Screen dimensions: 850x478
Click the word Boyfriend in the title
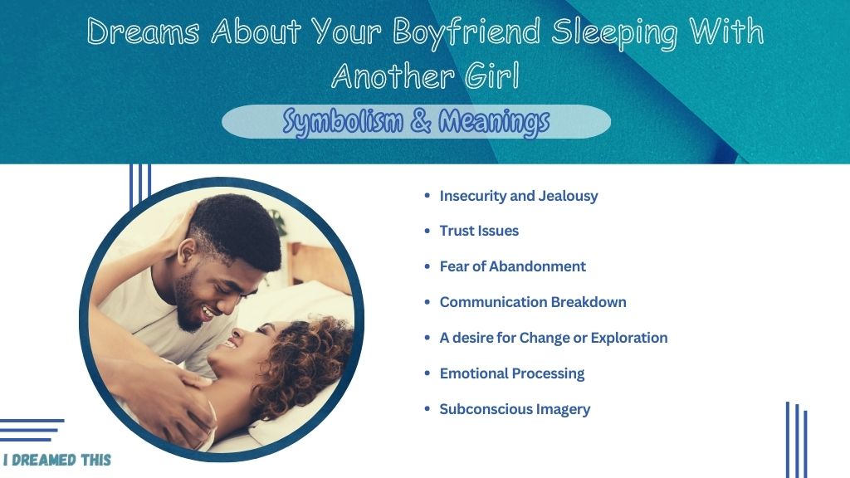[x=467, y=32]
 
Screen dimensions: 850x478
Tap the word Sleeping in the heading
[x=615, y=32]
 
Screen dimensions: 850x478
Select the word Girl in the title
[x=492, y=76]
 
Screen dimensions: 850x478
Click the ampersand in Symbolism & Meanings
[x=421, y=121]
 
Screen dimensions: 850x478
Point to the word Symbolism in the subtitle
[x=343, y=122]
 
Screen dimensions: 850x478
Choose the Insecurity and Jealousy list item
[x=519, y=196]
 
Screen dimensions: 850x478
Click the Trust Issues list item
[x=479, y=231]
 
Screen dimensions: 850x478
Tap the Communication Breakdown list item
[x=533, y=302]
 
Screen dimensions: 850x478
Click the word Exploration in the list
[x=629, y=339]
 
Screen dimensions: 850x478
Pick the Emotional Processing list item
[x=511, y=373]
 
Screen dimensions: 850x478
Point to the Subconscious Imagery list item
[x=515, y=409]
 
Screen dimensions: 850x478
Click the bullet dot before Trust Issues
[x=427, y=231]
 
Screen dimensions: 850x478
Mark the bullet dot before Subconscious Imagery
[x=427, y=409]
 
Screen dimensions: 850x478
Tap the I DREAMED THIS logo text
[x=57, y=460]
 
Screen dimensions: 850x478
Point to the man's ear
[x=186, y=251]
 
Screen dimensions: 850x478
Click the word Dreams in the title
[x=143, y=32]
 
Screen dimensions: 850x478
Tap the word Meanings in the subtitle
[x=494, y=122]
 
